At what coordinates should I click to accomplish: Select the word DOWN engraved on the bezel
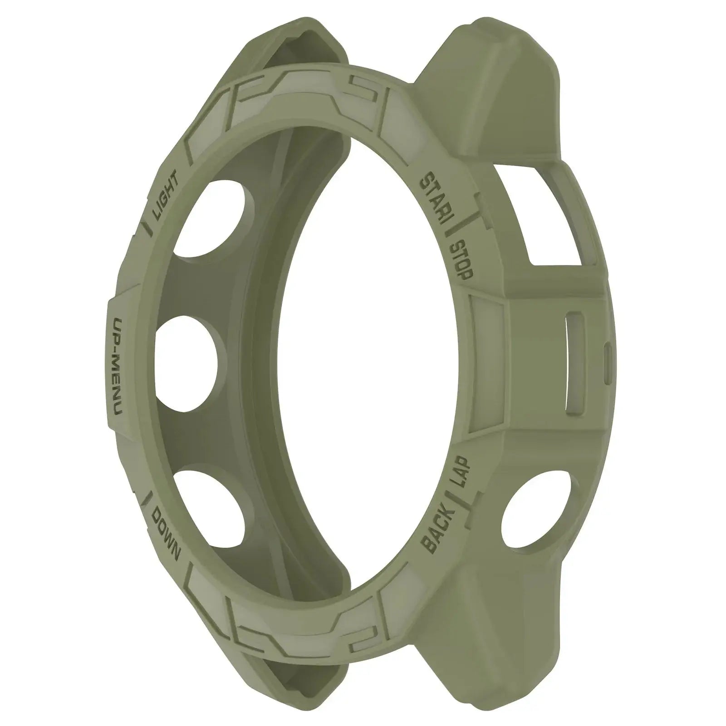pyautogui.click(x=166, y=535)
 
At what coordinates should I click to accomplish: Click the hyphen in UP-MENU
pyautogui.click(x=116, y=354)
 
